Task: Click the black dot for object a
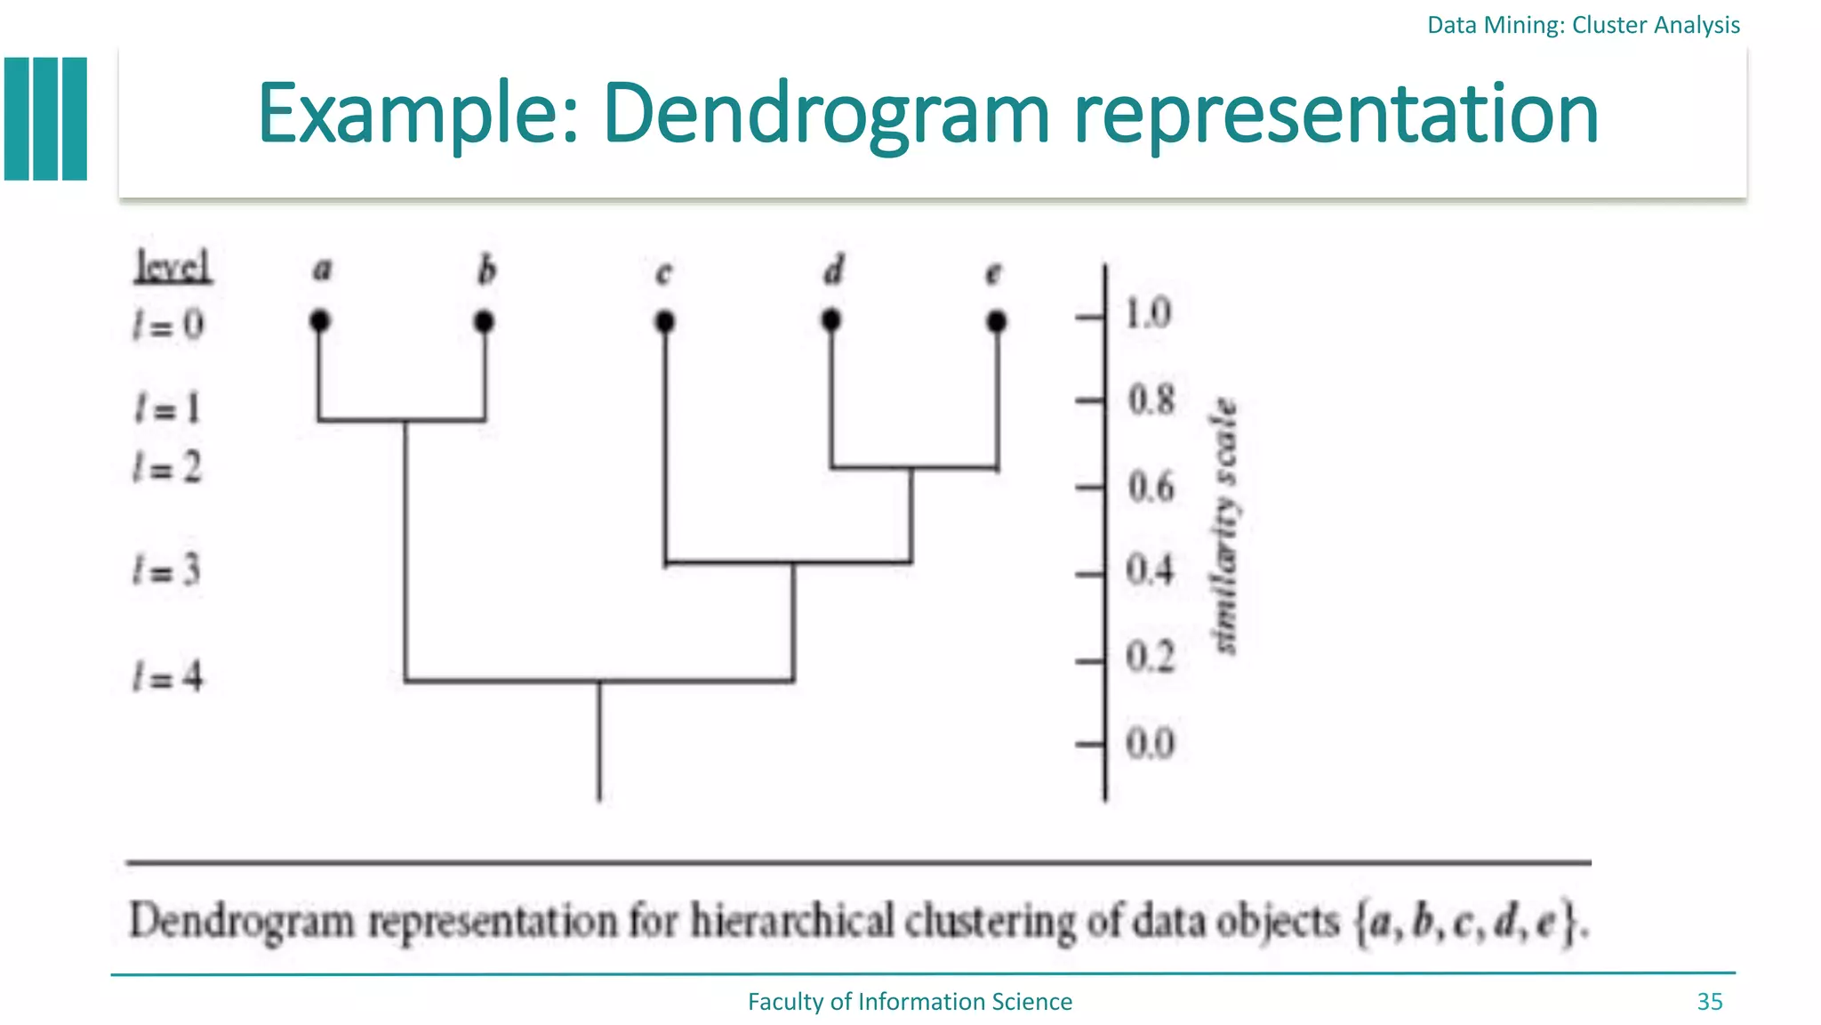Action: pos(320,320)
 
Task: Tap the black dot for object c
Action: pos(664,320)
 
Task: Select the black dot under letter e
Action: pos(996,320)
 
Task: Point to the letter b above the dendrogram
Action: pos(485,270)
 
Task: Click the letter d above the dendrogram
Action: pos(832,270)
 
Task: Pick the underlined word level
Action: pos(173,266)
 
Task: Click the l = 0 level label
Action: pos(168,325)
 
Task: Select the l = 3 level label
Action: pos(167,569)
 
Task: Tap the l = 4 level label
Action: pos(168,676)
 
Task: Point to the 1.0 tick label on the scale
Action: pos(1148,314)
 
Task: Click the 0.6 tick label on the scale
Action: pos(1151,488)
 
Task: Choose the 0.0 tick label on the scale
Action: pos(1150,743)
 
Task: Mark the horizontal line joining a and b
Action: pos(402,420)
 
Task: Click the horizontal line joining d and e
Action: pos(914,467)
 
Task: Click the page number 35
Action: pos(1709,1002)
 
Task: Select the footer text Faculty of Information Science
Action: pos(910,1002)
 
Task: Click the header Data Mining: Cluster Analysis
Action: pos(1583,25)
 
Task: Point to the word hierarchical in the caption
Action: pos(792,921)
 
